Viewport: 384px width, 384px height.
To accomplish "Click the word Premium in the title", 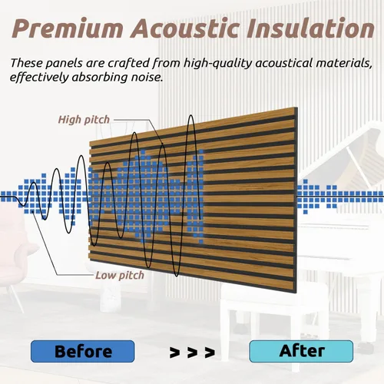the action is pyautogui.click(x=68, y=28).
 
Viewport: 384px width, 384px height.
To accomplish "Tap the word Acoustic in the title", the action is pyautogui.click(x=185, y=28).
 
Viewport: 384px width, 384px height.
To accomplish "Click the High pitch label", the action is pyautogui.click(x=84, y=120).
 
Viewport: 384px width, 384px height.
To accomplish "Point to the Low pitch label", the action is pyautogui.click(x=120, y=276).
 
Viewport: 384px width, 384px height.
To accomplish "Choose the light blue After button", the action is pyautogui.click(x=301, y=351).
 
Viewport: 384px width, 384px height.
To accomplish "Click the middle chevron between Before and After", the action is pyautogui.click(x=192, y=353).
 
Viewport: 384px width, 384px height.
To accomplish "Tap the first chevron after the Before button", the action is pyautogui.click(x=174, y=353).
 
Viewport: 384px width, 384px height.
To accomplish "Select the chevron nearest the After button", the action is pyautogui.click(x=210, y=353).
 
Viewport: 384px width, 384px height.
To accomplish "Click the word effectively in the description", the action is pyautogui.click(x=39, y=78).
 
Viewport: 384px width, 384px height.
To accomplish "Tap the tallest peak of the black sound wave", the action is pyautogui.click(x=191, y=116).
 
